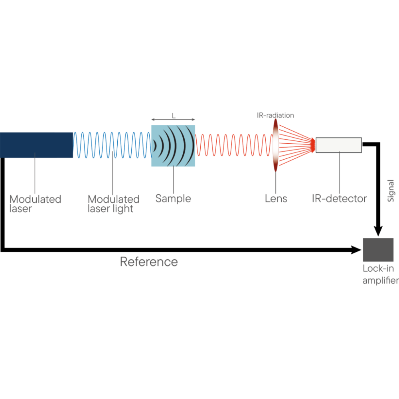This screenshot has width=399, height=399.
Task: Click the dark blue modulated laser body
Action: tap(32, 144)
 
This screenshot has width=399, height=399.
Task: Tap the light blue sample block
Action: tap(173, 146)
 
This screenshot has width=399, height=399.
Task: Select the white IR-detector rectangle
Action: tap(339, 145)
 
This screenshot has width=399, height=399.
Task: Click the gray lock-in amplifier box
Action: tap(378, 250)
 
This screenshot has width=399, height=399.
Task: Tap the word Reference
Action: tap(149, 262)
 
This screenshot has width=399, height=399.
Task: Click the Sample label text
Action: tap(173, 198)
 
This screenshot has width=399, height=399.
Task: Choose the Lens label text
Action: tap(276, 198)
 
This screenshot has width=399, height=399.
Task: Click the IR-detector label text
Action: tap(340, 198)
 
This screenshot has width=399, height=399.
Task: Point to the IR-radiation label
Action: tap(275, 115)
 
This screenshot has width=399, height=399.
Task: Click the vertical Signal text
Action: tap(391, 190)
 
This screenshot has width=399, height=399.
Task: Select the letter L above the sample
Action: tap(174, 115)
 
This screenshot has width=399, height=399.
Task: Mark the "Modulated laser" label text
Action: tap(35, 203)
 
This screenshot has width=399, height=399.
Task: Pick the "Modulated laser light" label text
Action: tap(113, 203)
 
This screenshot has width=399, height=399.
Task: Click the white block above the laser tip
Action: tap(63, 128)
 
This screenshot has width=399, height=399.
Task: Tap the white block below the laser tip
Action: tap(65, 162)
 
